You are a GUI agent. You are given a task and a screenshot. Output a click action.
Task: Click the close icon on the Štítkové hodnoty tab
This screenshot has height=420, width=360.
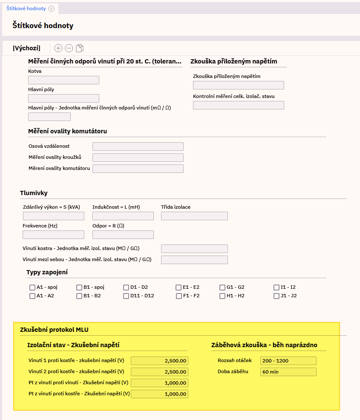coord(52,9)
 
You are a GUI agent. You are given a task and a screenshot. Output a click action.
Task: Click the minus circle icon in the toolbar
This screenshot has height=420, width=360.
coord(69,48)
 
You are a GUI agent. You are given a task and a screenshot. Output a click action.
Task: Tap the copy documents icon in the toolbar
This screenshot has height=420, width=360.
coord(80,48)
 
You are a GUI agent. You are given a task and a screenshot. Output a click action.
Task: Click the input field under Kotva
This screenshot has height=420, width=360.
coord(63,80)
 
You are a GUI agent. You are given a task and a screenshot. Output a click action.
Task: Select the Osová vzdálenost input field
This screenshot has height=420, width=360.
coord(138,147)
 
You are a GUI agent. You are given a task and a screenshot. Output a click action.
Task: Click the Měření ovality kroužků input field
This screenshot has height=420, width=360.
coord(138,158)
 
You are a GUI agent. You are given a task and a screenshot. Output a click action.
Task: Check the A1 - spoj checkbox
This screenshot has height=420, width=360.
coord(32,288)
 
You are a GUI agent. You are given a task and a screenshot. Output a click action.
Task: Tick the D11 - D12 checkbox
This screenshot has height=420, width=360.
coord(126,296)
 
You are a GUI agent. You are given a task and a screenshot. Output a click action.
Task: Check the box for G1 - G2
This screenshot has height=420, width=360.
coord(222,288)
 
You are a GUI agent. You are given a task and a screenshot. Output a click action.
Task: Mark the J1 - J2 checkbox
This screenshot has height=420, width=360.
coord(276,296)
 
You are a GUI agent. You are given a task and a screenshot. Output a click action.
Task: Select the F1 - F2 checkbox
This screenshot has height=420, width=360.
coord(179,296)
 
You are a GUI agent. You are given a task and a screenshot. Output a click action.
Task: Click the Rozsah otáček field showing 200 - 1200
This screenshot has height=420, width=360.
coord(288,361)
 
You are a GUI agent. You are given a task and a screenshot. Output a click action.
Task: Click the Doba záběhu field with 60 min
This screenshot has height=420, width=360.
coord(288,372)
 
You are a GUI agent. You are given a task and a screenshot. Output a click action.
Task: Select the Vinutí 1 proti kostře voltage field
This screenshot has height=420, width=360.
coord(159,361)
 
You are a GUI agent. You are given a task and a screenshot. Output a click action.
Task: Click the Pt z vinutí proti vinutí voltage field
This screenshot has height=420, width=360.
coord(159,383)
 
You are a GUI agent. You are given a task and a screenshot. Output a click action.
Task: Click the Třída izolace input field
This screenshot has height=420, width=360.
coord(194,216)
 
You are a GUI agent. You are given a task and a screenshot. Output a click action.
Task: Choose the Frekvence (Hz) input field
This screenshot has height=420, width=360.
coord(53,235)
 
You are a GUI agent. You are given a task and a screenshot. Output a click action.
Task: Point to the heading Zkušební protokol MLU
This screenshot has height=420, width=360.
coord(54,330)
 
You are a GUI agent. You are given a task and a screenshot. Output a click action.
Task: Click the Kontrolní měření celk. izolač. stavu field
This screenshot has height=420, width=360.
coord(238,105)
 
